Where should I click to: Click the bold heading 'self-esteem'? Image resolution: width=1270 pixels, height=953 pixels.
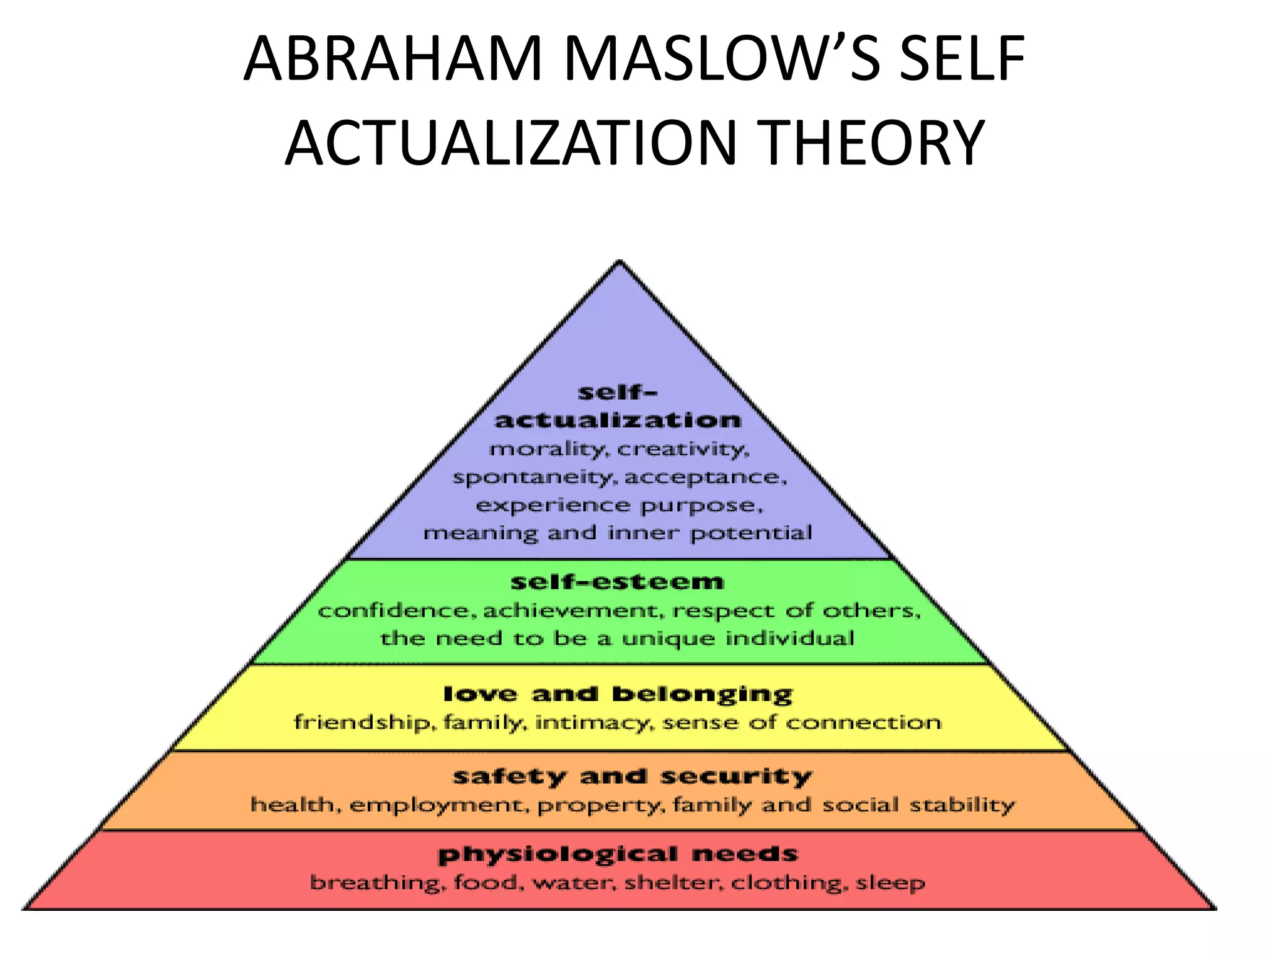[617, 582]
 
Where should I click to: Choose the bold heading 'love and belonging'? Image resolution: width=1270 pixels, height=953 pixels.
[618, 694]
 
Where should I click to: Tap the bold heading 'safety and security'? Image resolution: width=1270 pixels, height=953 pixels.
[632, 776]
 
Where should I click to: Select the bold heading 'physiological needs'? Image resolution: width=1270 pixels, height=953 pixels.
[618, 854]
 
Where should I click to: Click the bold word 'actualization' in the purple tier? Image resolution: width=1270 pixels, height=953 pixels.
[618, 420]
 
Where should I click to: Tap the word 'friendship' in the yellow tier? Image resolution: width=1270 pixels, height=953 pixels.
[360, 723]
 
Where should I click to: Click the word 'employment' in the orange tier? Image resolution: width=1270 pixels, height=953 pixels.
[440, 805]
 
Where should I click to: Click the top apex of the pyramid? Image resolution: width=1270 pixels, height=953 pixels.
[619, 262]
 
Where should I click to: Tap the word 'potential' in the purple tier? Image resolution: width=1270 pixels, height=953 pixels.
[750, 533]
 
